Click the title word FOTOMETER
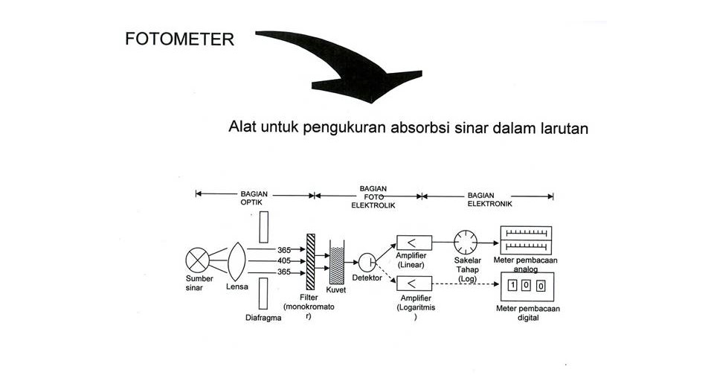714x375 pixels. (x=179, y=39)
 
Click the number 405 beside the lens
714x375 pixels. (x=284, y=260)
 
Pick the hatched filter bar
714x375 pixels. (x=310, y=260)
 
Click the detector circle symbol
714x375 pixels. (x=367, y=262)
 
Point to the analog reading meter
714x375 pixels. (x=525, y=240)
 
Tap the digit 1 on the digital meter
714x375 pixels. (x=512, y=284)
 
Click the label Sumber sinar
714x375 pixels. (x=199, y=283)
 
